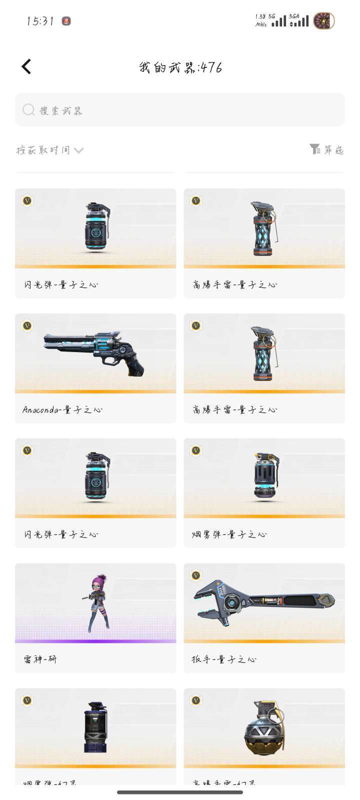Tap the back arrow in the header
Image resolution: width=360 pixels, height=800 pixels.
pyautogui.click(x=26, y=66)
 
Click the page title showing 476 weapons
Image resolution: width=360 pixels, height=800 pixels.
pyautogui.click(x=180, y=67)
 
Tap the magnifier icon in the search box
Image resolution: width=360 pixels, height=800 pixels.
pyautogui.click(x=28, y=109)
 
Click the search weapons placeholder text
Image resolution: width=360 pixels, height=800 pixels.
pyautogui.click(x=61, y=110)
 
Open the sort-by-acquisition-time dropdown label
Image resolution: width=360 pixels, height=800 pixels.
pyautogui.click(x=43, y=150)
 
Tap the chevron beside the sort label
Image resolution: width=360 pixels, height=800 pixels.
pyautogui.click(x=78, y=150)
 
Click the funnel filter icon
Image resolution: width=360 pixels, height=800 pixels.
pyautogui.click(x=314, y=149)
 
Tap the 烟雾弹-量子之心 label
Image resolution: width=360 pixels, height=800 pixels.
pyautogui.click(x=229, y=534)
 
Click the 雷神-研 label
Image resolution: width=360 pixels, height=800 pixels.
pyautogui.click(x=40, y=659)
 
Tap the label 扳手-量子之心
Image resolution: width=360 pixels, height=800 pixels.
pyautogui.click(x=224, y=659)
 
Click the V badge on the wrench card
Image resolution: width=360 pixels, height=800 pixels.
pyautogui.click(x=196, y=575)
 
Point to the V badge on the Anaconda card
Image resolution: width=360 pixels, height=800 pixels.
pyautogui.click(x=27, y=325)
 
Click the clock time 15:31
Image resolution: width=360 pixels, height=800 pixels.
pyautogui.click(x=40, y=21)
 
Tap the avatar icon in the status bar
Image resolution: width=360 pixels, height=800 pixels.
pyautogui.click(x=323, y=21)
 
